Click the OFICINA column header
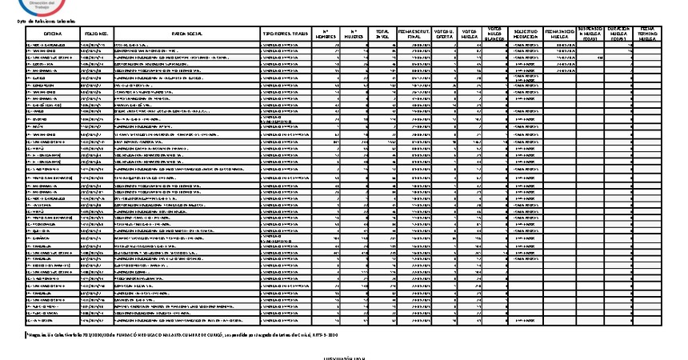(53, 35)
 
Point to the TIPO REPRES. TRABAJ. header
(286, 35)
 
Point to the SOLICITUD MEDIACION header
(527, 34)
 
